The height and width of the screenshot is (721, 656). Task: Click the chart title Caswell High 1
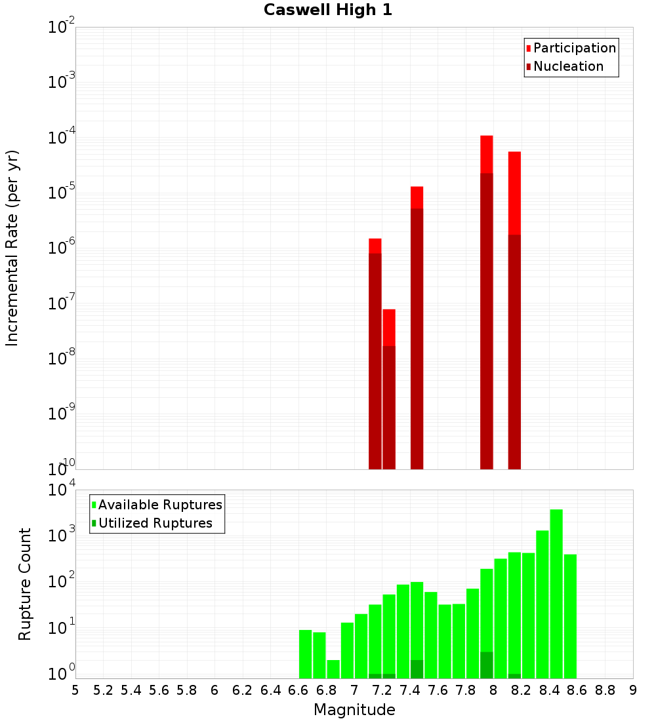(x=328, y=10)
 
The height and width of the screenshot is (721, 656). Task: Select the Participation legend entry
(x=574, y=48)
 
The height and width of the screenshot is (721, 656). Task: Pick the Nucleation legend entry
(x=567, y=66)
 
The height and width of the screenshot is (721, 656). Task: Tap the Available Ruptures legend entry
(x=159, y=505)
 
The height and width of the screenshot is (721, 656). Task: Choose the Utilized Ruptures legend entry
(x=155, y=523)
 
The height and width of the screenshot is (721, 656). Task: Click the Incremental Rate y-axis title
(x=12, y=248)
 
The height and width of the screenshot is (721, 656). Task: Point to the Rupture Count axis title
(x=25, y=584)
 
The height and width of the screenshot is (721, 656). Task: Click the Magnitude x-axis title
(x=354, y=710)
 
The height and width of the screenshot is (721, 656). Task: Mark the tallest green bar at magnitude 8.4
(x=556, y=590)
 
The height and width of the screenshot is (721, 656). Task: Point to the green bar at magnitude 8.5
(x=570, y=616)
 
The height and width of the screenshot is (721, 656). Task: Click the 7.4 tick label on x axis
(x=410, y=690)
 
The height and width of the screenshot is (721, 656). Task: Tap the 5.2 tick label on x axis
(x=103, y=690)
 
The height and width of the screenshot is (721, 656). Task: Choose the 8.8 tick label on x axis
(x=605, y=690)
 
